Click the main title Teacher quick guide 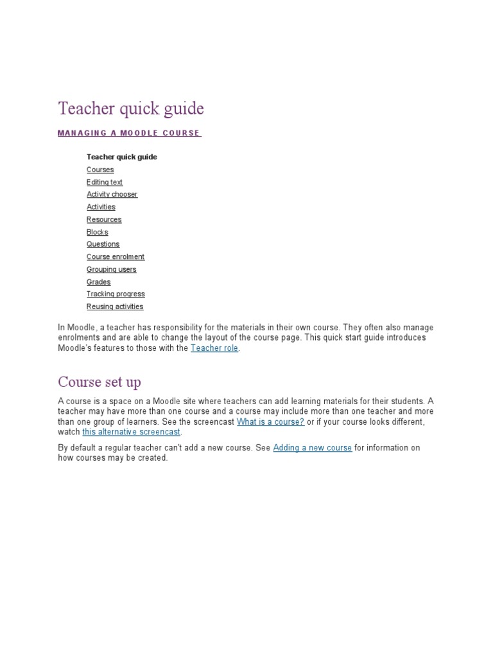point(131,109)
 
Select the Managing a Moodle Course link point(129,133)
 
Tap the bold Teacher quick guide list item point(122,157)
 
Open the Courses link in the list point(100,170)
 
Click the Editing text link point(105,182)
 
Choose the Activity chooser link point(112,194)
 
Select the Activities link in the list point(101,207)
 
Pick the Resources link point(104,220)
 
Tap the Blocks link point(98,232)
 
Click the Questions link point(103,244)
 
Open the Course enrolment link point(116,257)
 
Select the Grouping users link point(112,270)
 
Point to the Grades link point(98,282)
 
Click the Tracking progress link point(116,294)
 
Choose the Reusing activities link point(115,307)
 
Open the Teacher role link point(214,348)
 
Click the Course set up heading point(99,382)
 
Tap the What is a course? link point(270,422)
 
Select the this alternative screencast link point(131,432)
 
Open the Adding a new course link point(312,448)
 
